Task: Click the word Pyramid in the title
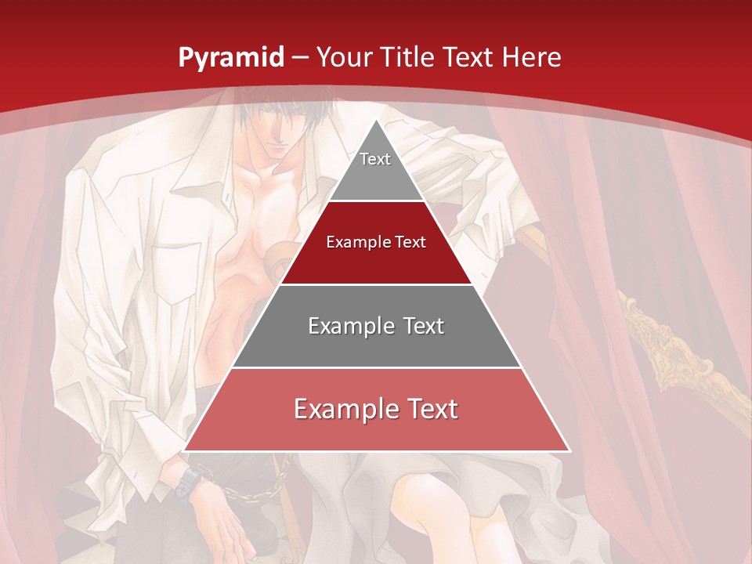231,59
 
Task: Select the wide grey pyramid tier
376,326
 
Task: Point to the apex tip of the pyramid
376,120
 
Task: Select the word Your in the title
343,58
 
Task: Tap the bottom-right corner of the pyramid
569,450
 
